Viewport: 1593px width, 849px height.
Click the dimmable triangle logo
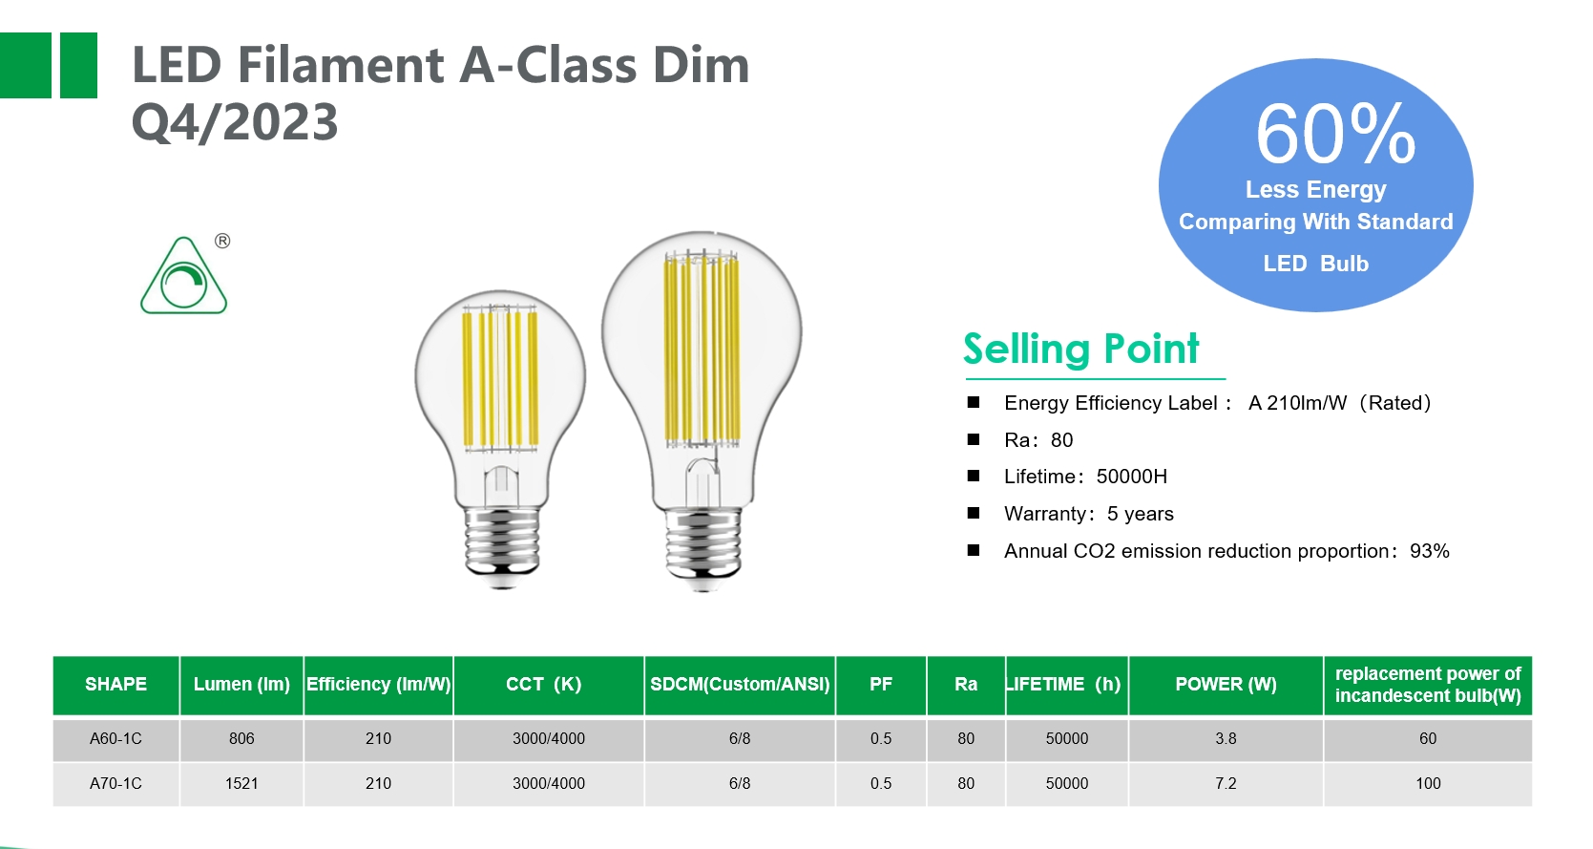pyautogui.click(x=183, y=276)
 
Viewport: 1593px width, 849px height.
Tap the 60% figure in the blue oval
pyautogui.click(x=1335, y=135)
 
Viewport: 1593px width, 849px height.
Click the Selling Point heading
pyautogui.click(x=1081, y=349)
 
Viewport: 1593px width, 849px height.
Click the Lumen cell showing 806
pyautogui.click(x=241, y=738)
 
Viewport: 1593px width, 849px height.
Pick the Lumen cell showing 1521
pyautogui.click(x=241, y=783)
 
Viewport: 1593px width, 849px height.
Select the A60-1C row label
pyautogui.click(x=115, y=738)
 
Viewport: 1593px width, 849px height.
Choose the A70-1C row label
pyautogui.click(x=115, y=783)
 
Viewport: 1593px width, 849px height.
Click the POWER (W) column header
pyautogui.click(x=1226, y=685)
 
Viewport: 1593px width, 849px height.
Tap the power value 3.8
pyautogui.click(x=1226, y=738)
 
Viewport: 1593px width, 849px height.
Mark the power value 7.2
pyautogui.click(x=1226, y=783)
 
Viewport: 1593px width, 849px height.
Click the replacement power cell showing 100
pyautogui.click(x=1428, y=783)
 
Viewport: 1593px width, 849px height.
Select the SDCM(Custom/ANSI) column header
pyautogui.click(x=740, y=685)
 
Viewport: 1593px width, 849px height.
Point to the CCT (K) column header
pyautogui.click(x=544, y=685)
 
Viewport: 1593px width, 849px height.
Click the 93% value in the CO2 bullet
pyautogui.click(x=1430, y=551)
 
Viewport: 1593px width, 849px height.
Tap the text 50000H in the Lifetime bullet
pyautogui.click(x=1131, y=477)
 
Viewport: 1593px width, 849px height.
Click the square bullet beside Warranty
pyautogui.click(x=974, y=513)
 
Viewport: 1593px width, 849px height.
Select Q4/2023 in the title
pyautogui.click(x=236, y=121)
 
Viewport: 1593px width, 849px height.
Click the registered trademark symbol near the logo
pyautogui.click(x=222, y=242)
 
